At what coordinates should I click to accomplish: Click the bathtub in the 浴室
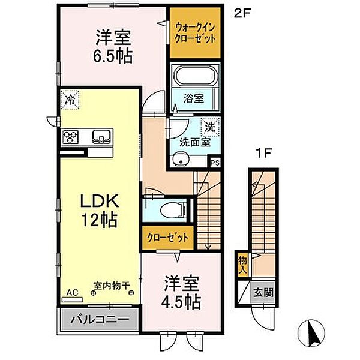195,76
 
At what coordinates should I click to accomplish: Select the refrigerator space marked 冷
70,100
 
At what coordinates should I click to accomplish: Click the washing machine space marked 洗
211,127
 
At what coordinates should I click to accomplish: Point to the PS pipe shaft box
215,163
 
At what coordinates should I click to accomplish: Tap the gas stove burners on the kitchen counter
70,137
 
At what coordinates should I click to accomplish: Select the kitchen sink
101,137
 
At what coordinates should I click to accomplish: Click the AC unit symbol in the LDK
73,299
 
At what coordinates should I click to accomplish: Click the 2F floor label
241,14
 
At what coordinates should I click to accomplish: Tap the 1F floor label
264,153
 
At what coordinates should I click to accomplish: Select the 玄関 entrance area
263,292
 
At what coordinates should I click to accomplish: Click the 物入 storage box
242,265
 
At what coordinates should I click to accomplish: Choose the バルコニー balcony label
100,319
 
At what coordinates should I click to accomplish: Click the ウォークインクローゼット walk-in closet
195,32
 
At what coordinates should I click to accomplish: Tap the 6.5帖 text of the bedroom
113,56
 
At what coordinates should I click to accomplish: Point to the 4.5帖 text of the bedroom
181,302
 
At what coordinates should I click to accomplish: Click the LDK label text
99,202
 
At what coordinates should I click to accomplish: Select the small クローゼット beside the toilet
168,238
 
